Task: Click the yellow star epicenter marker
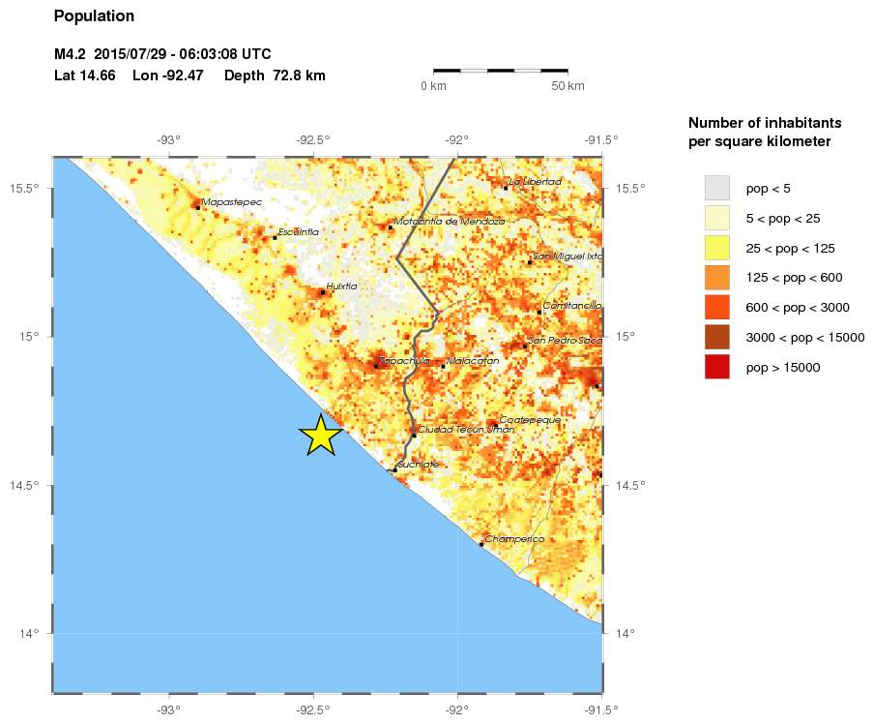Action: coord(321,436)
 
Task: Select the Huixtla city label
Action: coord(341,287)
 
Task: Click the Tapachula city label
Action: coord(404,361)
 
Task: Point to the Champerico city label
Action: coord(514,539)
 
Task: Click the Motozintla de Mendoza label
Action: coord(450,222)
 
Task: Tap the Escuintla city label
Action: coord(298,232)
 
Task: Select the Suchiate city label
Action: coord(418,465)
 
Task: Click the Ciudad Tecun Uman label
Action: coord(452,429)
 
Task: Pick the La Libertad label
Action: coord(535,182)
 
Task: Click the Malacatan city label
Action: coord(473,361)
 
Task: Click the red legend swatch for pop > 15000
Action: coord(716,367)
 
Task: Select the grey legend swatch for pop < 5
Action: coord(716,187)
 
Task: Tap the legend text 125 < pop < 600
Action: coord(794,278)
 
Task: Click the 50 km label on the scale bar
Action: coord(568,87)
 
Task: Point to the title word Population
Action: coord(94,16)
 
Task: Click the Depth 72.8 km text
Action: coord(275,75)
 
